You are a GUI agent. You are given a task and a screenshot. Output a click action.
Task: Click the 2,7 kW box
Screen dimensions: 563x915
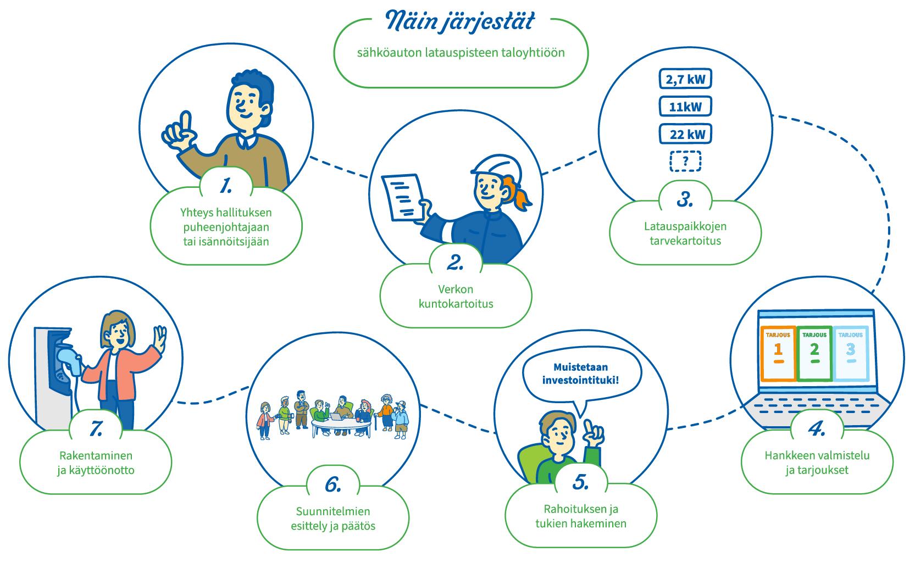[685, 79]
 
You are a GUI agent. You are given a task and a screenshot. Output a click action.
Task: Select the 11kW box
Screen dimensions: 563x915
[685, 107]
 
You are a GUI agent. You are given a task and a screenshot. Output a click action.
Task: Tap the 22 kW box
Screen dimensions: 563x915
[685, 134]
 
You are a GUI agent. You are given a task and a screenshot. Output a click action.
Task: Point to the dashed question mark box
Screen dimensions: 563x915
[685, 161]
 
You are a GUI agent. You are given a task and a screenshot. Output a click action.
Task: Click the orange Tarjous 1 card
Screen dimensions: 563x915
[778, 354]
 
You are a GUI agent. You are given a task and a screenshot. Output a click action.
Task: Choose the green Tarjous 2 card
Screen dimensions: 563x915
[814, 354]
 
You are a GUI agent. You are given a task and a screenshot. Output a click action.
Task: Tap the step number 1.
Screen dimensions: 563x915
[225, 187]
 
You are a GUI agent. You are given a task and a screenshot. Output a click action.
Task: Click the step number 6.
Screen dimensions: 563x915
[332, 485]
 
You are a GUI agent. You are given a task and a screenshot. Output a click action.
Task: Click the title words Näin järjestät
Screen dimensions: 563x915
[460, 22]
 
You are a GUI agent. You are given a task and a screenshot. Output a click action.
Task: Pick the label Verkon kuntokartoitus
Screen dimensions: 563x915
[456, 296]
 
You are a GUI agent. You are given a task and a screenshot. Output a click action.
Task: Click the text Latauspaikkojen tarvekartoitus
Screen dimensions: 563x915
[685, 233]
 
